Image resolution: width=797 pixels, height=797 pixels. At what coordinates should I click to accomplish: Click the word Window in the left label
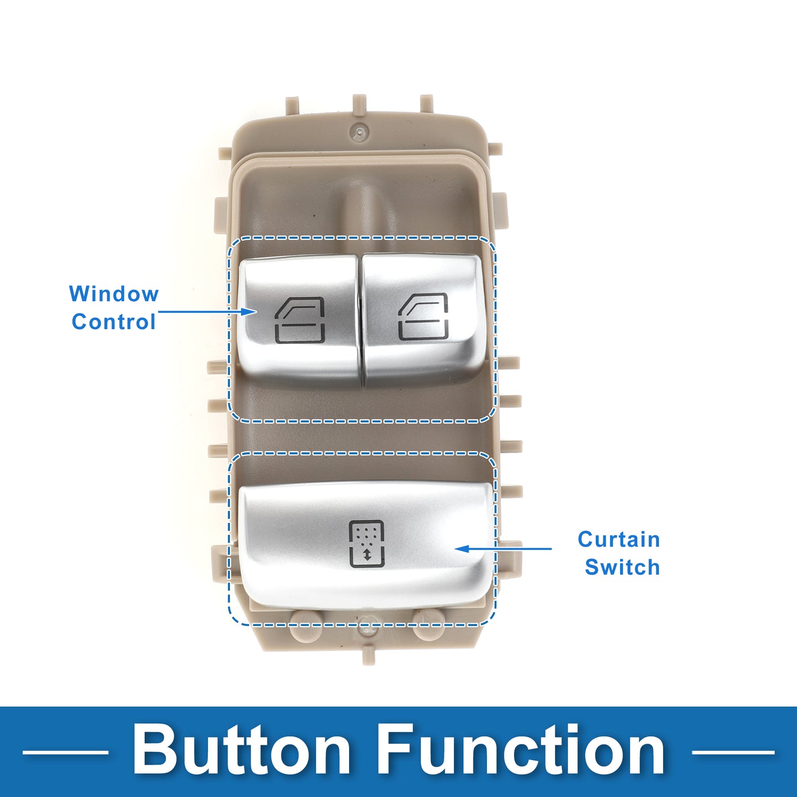[114, 294]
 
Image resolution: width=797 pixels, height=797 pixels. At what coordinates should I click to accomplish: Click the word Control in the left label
[114, 322]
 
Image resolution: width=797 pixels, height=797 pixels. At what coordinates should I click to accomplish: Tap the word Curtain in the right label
[619, 539]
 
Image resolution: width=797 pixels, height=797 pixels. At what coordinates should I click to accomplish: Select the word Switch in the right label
[622, 566]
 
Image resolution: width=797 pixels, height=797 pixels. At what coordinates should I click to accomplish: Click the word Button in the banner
[242, 750]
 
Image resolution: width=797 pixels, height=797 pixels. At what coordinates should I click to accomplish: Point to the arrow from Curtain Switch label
[504, 548]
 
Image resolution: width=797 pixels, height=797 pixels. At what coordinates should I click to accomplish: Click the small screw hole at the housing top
[360, 132]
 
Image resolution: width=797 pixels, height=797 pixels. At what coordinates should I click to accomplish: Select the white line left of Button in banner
[65, 752]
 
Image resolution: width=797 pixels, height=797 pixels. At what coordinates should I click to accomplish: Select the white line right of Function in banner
[733, 752]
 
